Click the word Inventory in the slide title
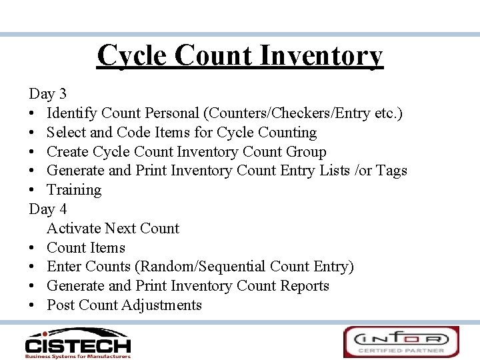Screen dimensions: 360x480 pyautogui.click(x=321, y=55)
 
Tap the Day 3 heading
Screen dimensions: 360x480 pyautogui.click(x=47, y=94)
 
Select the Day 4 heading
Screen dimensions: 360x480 pyautogui.click(x=47, y=209)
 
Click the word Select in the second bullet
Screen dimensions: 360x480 pyautogui.click(x=65, y=133)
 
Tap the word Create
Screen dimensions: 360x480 pyautogui.click(x=67, y=152)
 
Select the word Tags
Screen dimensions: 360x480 pyautogui.click(x=391, y=171)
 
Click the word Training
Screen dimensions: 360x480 pyautogui.click(x=74, y=190)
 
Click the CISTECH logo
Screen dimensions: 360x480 pyautogui.click(x=77, y=342)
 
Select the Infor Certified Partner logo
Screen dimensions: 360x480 pyautogui.click(x=401, y=342)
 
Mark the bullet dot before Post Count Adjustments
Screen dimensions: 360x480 pyautogui.click(x=33, y=305)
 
